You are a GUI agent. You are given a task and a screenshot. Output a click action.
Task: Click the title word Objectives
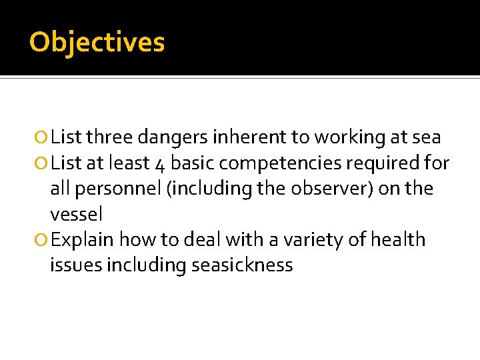pyautogui.click(x=97, y=43)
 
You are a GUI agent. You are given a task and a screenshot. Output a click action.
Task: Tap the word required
pyautogui.click(x=397, y=164)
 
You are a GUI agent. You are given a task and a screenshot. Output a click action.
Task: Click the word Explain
pyautogui.click(x=83, y=240)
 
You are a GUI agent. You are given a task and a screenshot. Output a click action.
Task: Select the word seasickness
pyautogui.click(x=242, y=265)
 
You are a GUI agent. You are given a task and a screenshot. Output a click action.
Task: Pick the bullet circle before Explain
pyautogui.click(x=42, y=240)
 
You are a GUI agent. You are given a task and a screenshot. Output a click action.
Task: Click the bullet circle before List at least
pyautogui.click(x=42, y=164)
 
